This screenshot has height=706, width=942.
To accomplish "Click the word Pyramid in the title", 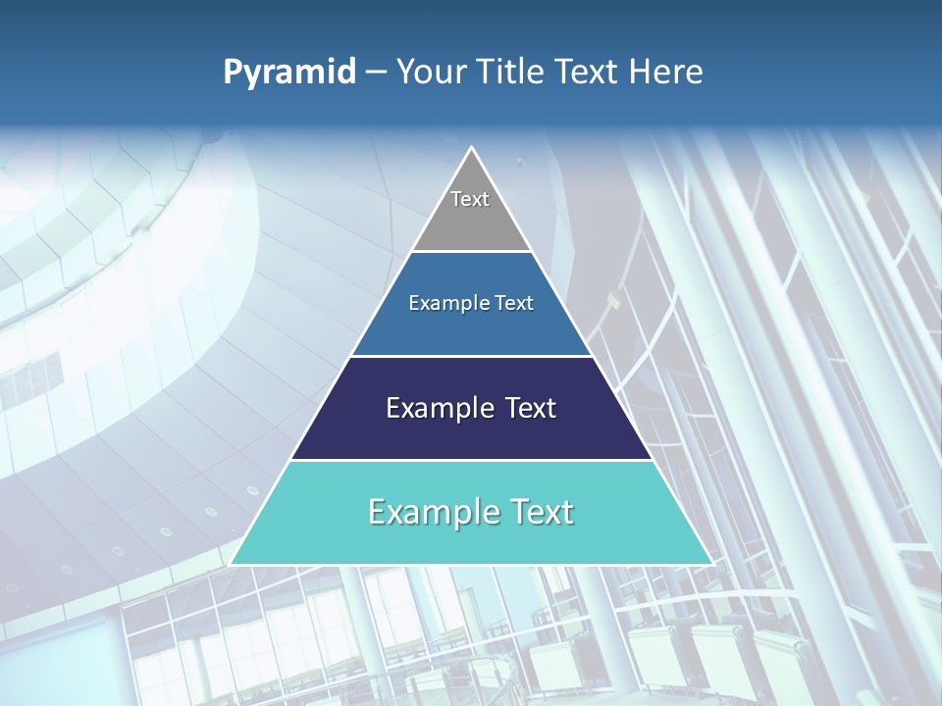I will click(x=289, y=73).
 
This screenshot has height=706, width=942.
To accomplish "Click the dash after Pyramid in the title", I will click(x=376, y=73).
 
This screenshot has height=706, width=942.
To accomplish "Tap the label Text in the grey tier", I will click(x=470, y=199).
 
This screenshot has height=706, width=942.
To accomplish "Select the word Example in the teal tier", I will click(x=428, y=512).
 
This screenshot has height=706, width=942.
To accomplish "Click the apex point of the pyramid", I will click(x=472, y=149).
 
